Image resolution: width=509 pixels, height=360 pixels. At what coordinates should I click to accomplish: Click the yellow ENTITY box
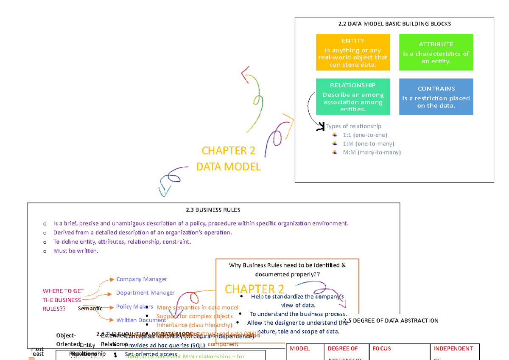click(352, 52)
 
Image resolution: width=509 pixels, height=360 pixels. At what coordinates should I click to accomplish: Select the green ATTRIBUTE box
click(436, 52)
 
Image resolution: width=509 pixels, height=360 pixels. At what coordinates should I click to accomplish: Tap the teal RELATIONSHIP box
click(352, 96)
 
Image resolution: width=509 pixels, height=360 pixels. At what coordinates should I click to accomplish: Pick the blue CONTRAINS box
click(436, 96)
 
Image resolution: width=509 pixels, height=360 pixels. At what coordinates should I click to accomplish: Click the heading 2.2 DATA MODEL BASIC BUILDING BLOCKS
click(394, 24)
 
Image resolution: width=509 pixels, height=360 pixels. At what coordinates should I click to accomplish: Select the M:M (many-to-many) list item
click(372, 152)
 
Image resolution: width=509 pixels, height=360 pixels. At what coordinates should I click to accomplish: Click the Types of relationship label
click(353, 126)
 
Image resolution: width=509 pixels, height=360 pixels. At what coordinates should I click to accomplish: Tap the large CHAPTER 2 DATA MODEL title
click(228, 159)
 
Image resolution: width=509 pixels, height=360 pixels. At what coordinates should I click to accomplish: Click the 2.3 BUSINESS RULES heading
click(213, 210)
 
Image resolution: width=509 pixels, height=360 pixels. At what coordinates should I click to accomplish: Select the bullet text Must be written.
click(76, 251)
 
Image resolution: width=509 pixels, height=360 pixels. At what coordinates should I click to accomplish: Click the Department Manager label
click(145, 292)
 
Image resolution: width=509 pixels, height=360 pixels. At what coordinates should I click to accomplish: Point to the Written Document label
click(141, 320)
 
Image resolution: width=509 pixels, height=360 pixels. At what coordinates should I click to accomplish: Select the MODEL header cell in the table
click(299, 349)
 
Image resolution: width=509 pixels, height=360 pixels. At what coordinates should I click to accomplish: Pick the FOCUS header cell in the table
click(382, 349)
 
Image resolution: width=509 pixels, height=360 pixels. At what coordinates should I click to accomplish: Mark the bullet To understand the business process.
click(298, 314)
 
